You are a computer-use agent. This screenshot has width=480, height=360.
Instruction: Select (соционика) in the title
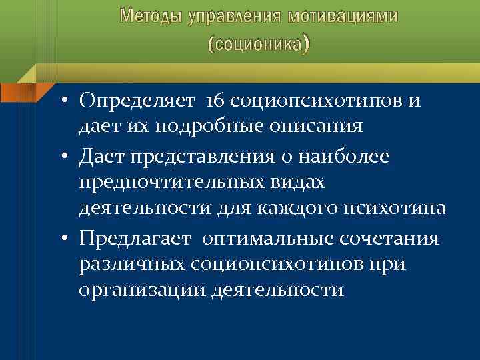click(259, 44)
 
